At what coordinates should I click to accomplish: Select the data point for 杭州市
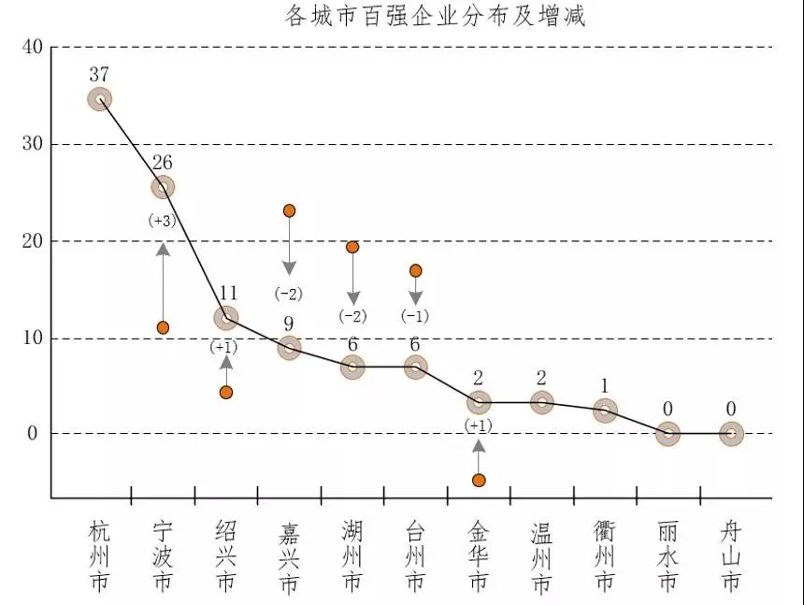click(x=100, y=99)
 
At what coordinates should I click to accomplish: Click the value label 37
click(x=100, y=74)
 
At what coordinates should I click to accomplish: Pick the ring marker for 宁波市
click(x=163, y=187)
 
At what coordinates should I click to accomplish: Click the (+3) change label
click(x=162, y=221)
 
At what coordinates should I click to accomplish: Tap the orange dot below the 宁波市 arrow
click(x=163, y=327)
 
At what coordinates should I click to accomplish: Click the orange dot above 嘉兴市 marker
click(x=290, y=210)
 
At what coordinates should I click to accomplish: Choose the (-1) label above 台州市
click(x=415, y=315)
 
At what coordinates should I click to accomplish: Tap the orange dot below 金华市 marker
click(x=479, y=480)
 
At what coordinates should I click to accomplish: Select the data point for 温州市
click(x=542, y=403)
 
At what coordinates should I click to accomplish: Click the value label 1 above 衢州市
click(x=605, y=385)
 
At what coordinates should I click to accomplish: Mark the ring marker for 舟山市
click(x=731, y=433)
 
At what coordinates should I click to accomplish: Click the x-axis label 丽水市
click(x=668, y=556)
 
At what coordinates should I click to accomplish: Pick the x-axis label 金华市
click(x=479, y=556)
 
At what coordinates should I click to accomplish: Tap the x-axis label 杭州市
click(x=100, y=556)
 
